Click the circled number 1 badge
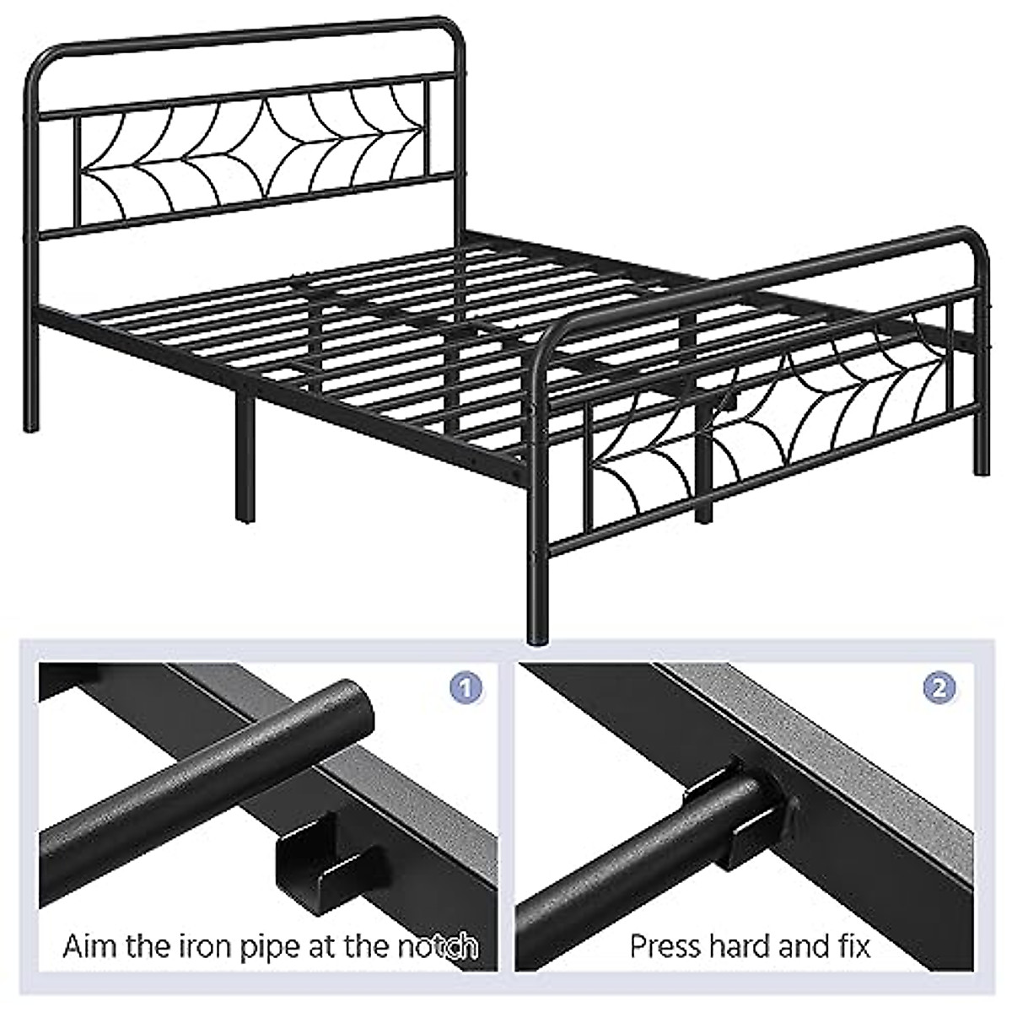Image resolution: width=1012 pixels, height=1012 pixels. coord(466,687)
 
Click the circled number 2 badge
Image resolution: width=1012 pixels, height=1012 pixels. coord(939,687)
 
